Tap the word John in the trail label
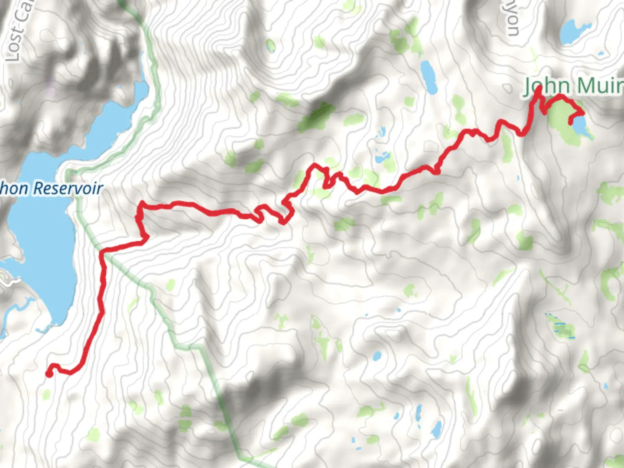coord(543,86)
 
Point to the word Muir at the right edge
coord(601,86)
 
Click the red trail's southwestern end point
coord(49,374)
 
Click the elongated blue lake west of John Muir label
coord(429,77)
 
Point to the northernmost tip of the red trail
coord(539,88)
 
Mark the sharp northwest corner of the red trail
coord(140,204)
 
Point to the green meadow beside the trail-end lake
coord(561,117)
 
